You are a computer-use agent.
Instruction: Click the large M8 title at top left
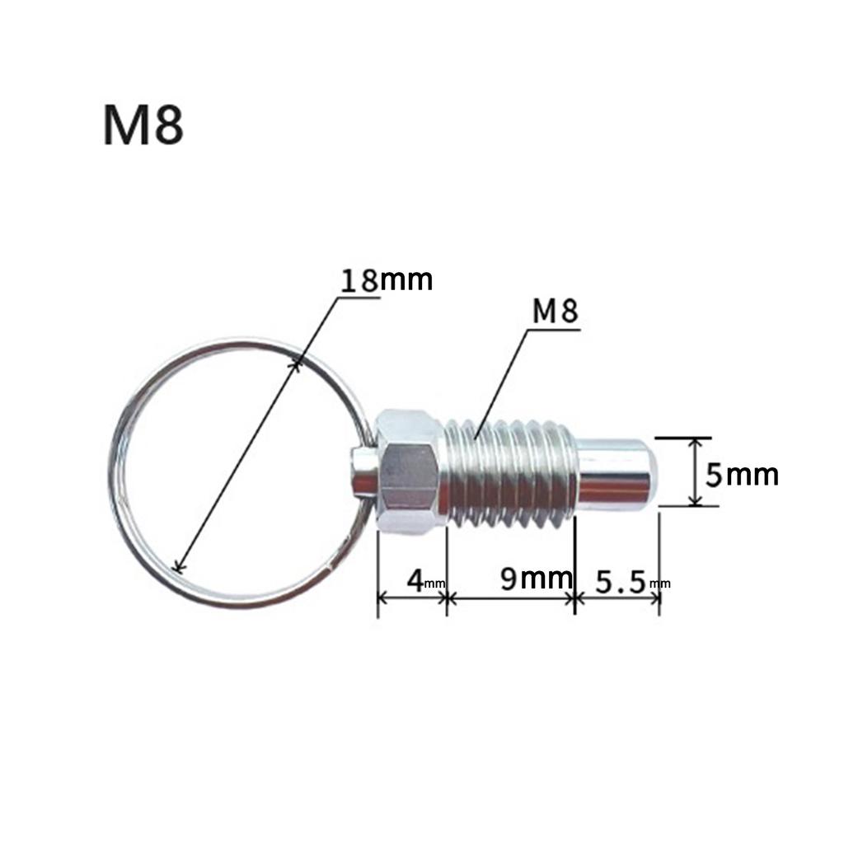coord(143,124)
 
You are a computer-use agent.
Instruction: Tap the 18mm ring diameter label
coord(387,280)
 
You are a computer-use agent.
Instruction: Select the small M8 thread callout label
coord(555,312)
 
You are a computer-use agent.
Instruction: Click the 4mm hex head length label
coord(418,580)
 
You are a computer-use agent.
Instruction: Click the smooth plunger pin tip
coord(617,471)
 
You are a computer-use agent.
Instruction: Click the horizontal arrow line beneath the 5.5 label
coord(617,599)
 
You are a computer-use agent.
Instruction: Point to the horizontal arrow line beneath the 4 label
coord(411,599)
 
